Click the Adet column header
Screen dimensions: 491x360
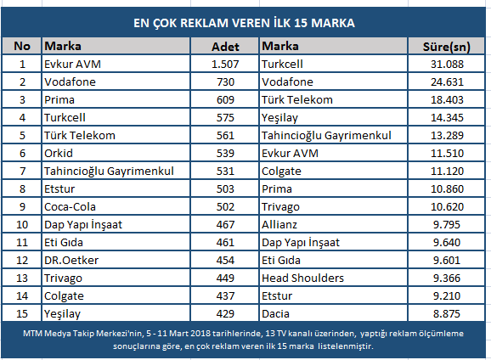225,47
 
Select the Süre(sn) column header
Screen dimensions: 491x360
447,47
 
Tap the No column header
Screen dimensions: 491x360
22,46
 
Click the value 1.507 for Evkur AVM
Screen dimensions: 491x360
225,65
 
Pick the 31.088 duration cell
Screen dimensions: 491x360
447,65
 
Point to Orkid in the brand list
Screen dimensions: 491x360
59,154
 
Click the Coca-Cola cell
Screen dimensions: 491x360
70,207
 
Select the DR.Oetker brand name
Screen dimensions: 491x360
71,261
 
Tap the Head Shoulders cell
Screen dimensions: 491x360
302,278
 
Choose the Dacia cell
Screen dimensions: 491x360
275,314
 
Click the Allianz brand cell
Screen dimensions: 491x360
279,225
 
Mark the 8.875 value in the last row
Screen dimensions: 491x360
447,314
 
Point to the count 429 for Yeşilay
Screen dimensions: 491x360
225,314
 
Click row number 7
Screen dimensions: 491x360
22,172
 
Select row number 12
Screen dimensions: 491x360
22,261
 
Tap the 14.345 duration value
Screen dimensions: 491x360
447,118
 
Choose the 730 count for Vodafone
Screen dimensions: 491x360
225,82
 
